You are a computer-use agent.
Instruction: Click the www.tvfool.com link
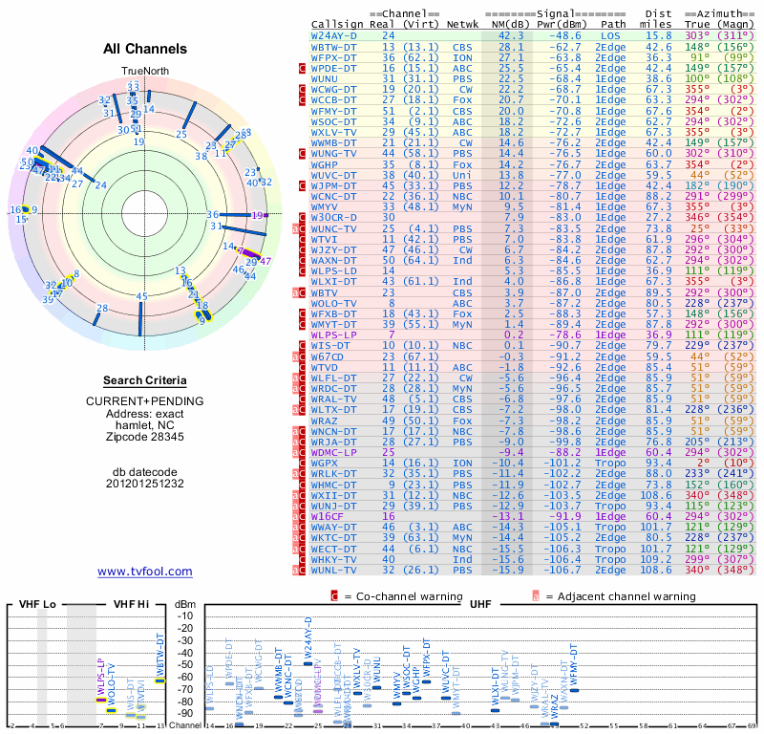tap(144, 572)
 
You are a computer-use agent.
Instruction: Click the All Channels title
tap(145, 49)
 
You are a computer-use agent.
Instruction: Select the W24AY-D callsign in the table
tap(334, 35)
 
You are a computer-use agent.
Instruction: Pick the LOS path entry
tap(612, 35)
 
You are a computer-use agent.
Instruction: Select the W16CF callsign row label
tap(329, 515)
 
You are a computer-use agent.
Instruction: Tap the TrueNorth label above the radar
tap(144, 73)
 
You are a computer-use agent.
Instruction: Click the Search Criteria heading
tap(145, 380)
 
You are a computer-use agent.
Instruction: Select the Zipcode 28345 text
tap(145, 437)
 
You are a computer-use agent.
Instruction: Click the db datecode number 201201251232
tap(145, 484)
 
